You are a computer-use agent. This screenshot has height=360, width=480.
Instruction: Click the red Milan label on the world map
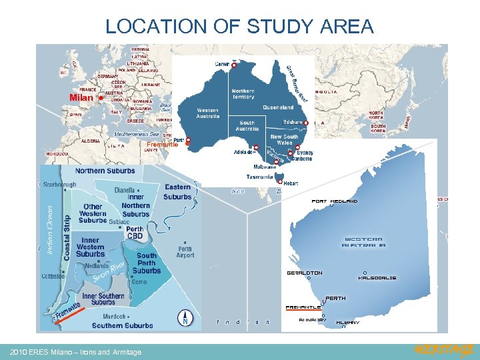(81, 98)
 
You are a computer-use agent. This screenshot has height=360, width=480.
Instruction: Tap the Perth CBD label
(135, 233)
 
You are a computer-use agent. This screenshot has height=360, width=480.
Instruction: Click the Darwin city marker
(234, 64)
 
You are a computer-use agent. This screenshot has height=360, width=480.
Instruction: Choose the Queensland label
(278, 107)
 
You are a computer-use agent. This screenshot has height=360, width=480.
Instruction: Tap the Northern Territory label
(243, 94)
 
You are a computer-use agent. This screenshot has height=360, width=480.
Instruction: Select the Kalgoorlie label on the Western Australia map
(377, 277)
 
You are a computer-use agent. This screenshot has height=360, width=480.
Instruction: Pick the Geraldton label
(305, 273)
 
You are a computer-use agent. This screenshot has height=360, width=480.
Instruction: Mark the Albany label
(347, 322)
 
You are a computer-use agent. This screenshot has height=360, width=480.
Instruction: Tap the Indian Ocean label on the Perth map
(49, 229)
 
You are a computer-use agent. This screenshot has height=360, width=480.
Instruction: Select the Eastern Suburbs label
(177, 192)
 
